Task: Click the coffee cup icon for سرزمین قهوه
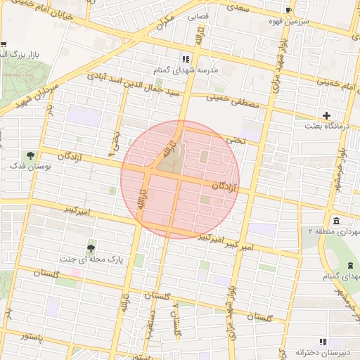288,9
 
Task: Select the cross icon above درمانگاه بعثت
326,115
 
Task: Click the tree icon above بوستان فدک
30,155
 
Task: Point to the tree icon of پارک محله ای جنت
91,248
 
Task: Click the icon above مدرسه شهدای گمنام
186,60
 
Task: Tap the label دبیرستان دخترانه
321,352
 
